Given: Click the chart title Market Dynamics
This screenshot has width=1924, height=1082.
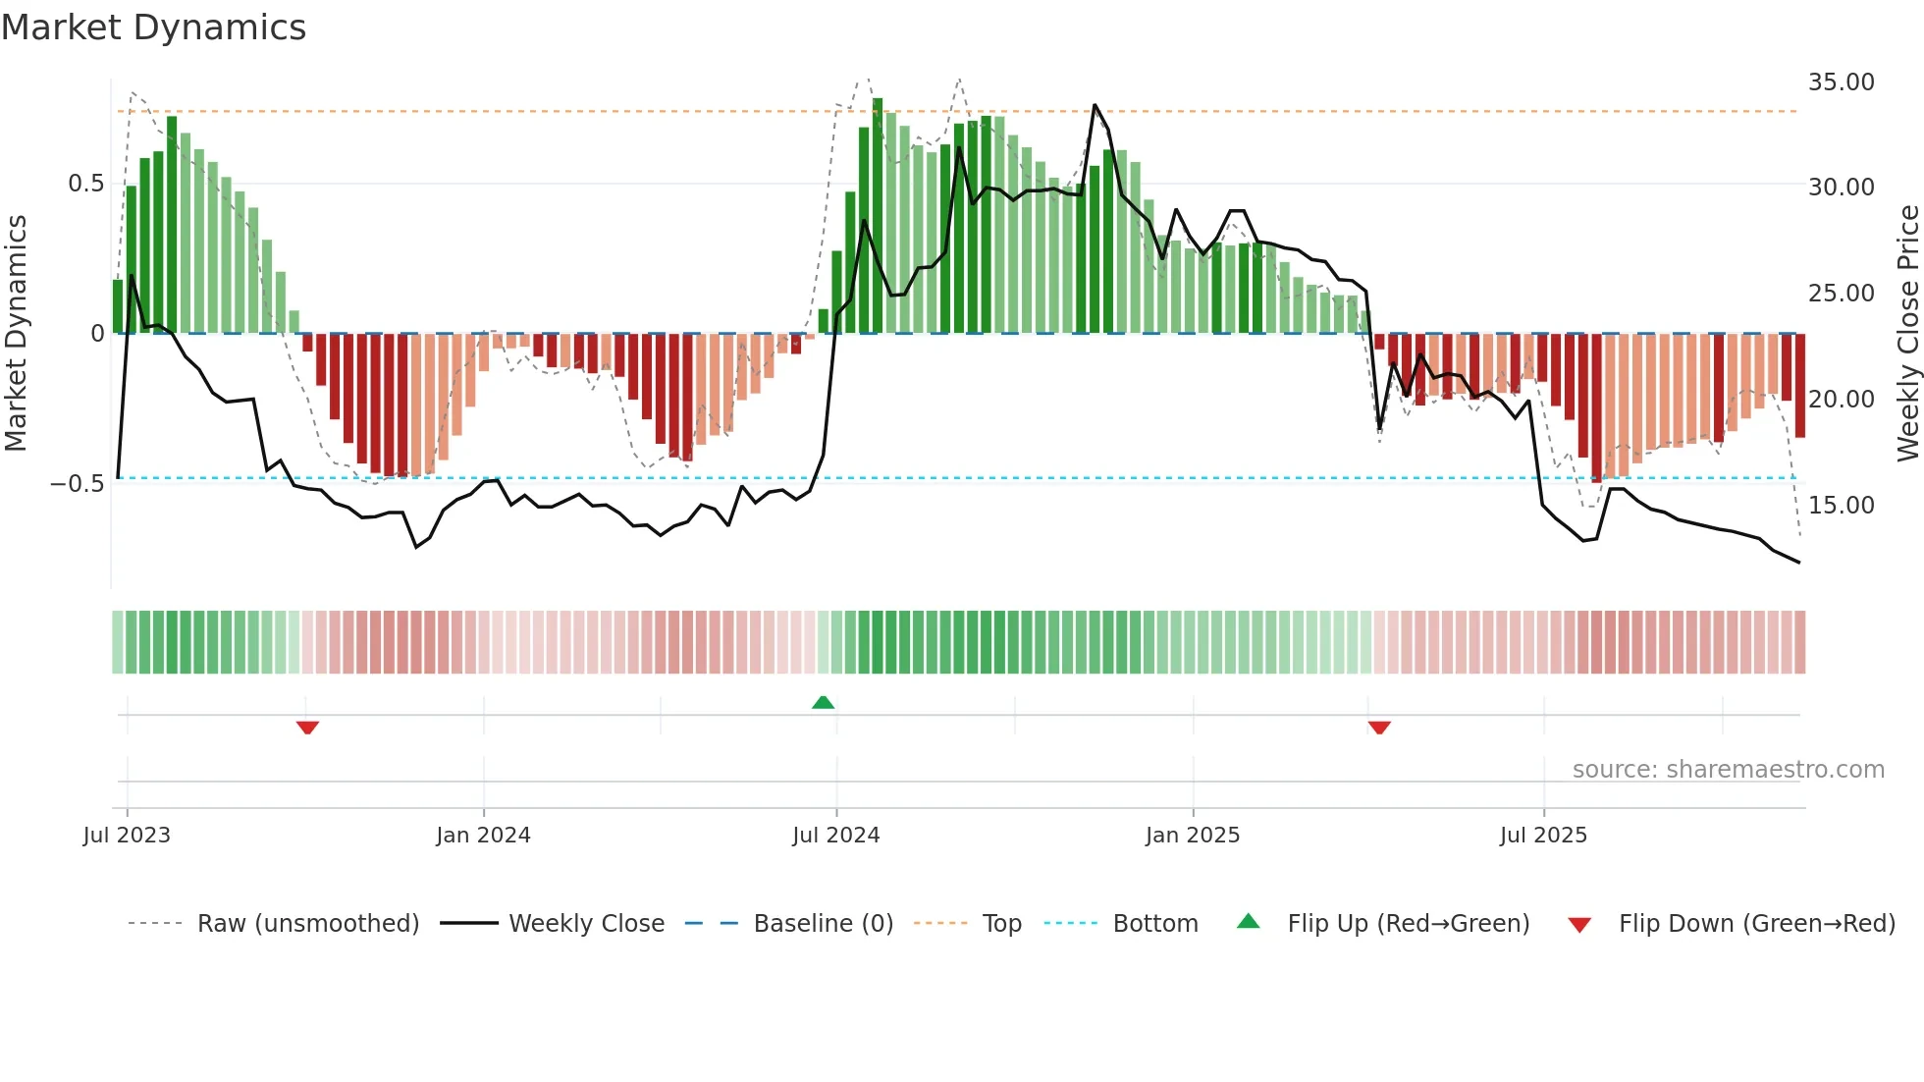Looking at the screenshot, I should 153,27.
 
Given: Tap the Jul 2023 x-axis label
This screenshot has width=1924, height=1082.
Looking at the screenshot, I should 127,836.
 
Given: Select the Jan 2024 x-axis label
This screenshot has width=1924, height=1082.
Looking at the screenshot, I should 483,836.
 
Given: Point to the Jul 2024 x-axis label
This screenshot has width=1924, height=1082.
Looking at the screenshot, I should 835,836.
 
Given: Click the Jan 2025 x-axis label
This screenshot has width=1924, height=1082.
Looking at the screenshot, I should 1193,836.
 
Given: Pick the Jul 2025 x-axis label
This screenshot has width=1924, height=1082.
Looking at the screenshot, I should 1543,836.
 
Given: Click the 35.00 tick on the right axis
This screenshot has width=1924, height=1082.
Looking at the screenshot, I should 1841,82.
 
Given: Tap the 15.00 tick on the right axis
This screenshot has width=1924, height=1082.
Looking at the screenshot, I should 1841,506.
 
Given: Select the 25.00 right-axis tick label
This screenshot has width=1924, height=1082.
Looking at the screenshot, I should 1841,294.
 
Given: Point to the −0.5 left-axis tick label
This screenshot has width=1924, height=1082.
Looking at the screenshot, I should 77,484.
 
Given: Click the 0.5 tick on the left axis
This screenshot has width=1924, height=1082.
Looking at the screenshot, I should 85,184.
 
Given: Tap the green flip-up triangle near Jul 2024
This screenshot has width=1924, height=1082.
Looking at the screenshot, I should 823,702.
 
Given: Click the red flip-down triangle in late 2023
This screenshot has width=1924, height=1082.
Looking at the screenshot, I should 307,728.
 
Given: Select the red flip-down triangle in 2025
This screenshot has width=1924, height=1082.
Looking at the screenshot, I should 1379,728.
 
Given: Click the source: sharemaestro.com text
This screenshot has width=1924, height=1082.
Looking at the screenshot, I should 1728,770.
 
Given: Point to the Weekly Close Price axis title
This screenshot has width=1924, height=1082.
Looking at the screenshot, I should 1907,334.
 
